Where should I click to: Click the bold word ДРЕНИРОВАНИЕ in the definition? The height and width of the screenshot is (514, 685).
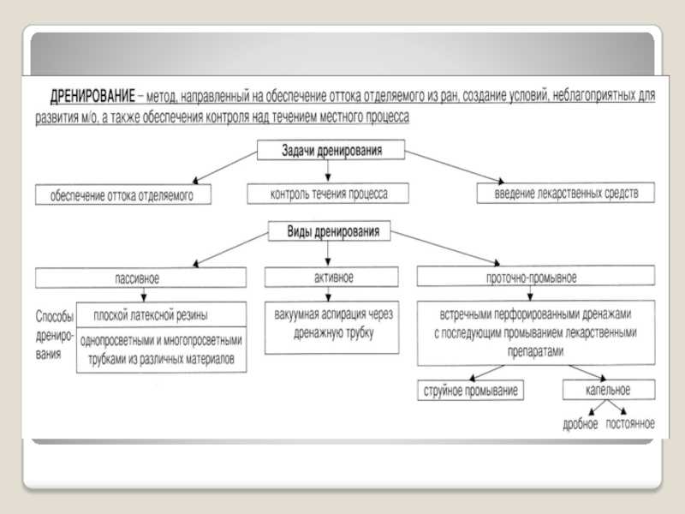tap(92, 96)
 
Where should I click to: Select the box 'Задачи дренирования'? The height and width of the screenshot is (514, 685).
tap(331, 150)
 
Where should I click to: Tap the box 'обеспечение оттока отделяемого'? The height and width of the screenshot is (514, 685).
tap(123, 194)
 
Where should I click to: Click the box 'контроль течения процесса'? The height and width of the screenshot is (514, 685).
tap(328, 194)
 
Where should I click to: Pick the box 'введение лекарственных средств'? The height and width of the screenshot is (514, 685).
tap(566, 193)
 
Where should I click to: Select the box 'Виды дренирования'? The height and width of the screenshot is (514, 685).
tap(329, 230)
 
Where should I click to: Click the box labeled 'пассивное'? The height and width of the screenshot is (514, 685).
tap(140, 278)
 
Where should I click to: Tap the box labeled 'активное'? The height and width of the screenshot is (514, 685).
tap(331, 277)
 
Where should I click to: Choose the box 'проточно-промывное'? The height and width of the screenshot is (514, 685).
tap(536, 276)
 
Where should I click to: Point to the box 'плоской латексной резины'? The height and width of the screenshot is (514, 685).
tap(161, 314)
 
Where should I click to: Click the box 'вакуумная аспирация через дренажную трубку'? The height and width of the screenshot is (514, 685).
tap(331, 327)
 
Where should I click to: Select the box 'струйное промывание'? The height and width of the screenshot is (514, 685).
tap(470, 391)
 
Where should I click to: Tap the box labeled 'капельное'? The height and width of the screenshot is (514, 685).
tap(609, 390)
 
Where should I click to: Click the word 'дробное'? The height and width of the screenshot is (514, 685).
tap(581, 424)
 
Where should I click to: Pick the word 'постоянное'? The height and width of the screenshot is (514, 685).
tap(630, 423)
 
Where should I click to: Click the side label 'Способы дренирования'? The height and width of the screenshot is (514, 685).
tap(54, 335)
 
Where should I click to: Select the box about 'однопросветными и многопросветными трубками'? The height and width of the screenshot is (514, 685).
tap(161, 350)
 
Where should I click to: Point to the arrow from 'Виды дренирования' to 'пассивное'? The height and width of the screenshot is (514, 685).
tap(230, 249)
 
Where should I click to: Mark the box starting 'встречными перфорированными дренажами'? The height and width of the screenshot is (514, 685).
tap(536, 332)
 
